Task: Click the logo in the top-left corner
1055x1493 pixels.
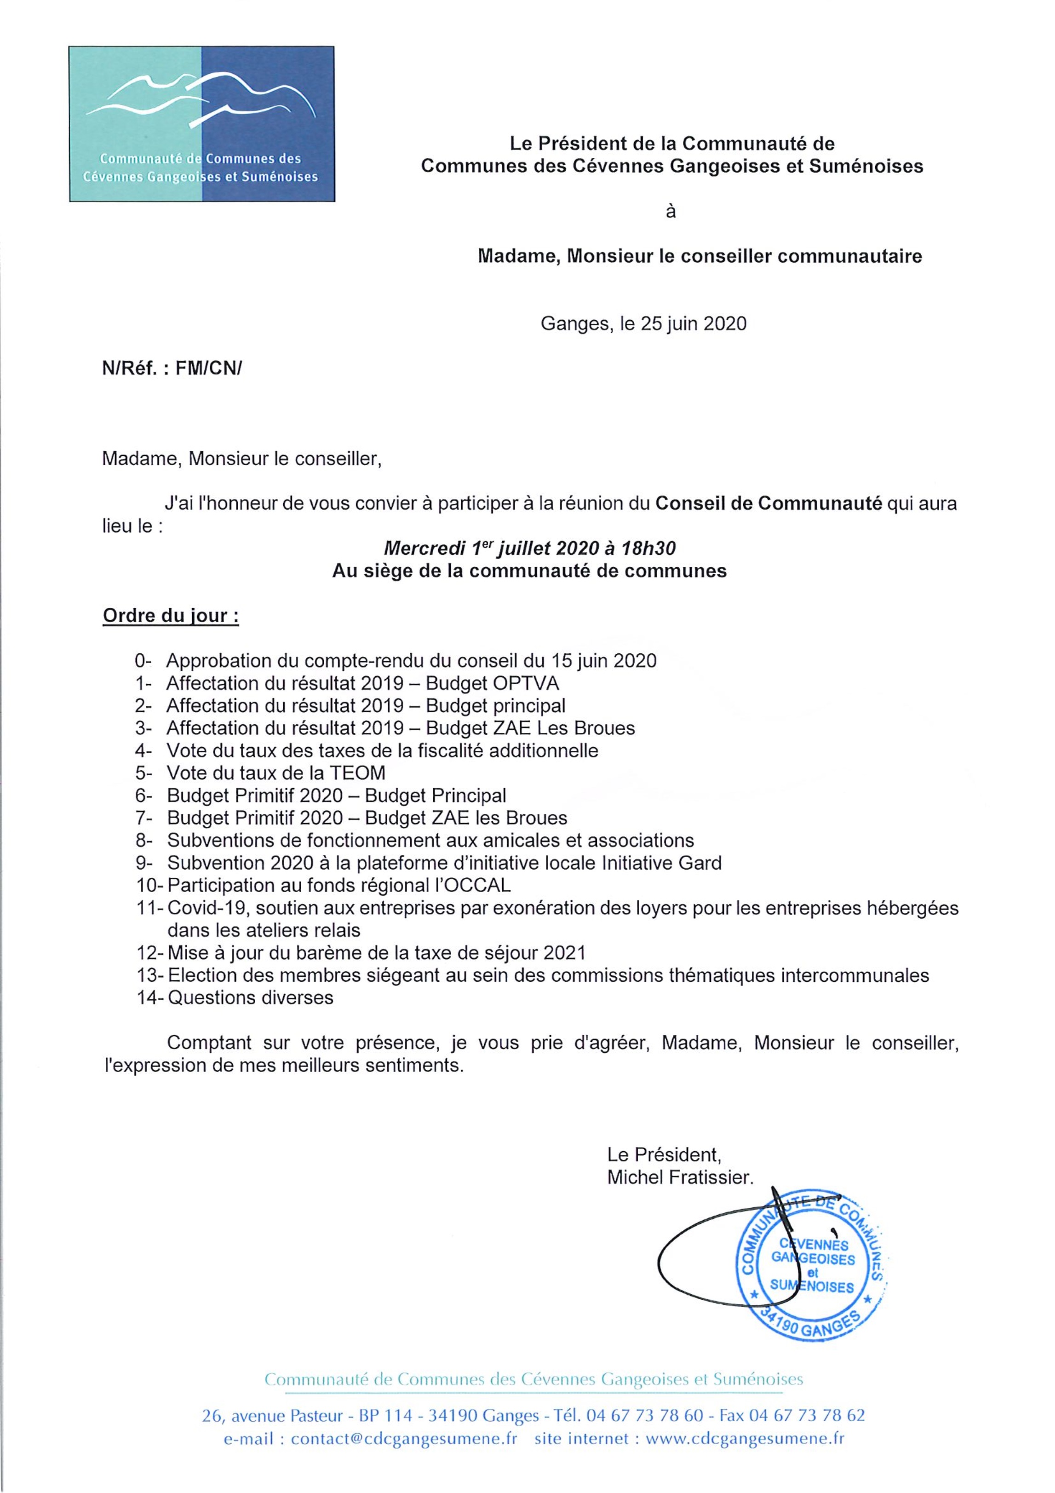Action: (201, 124)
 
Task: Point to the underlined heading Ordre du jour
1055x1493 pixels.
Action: (170, 615)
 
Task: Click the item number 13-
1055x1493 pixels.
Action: (150, 975)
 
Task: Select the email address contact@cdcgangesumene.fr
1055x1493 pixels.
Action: (404, 1439)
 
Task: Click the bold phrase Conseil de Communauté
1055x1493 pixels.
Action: (769, 504)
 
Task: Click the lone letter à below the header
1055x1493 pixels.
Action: (671, 212)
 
